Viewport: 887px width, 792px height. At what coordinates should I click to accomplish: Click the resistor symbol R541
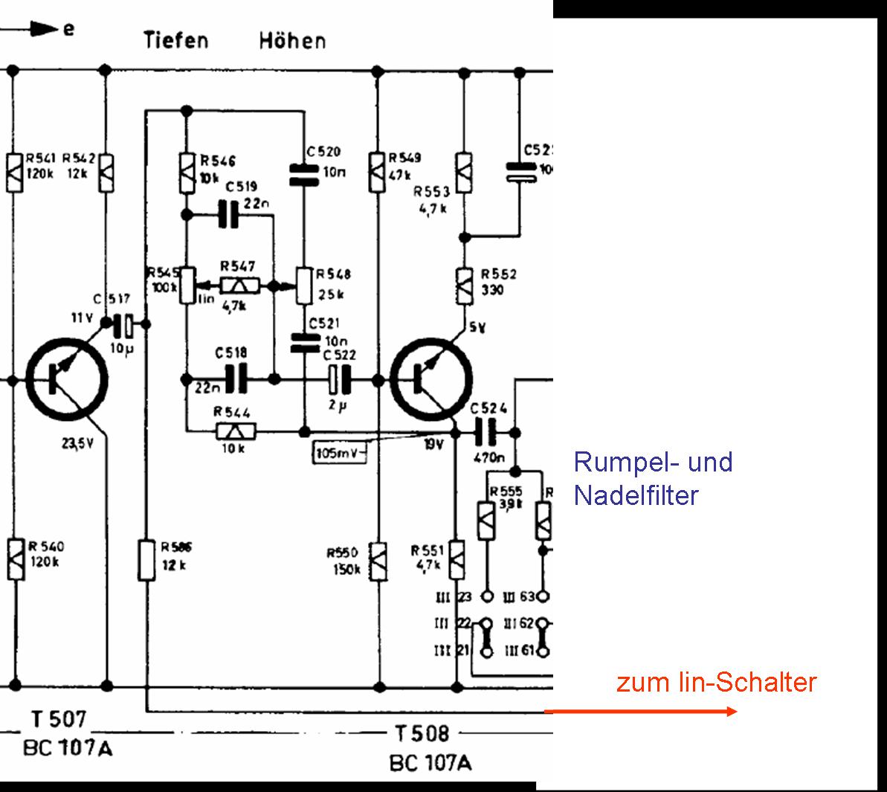coord(14,172)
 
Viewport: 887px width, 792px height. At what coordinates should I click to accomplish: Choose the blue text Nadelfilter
coord(636,495)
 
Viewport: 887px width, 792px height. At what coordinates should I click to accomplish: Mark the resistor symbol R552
coord(464,285)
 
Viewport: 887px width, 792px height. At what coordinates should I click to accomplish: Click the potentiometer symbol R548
coord(303,286)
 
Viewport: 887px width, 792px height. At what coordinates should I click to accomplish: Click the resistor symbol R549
coord(378,172)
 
